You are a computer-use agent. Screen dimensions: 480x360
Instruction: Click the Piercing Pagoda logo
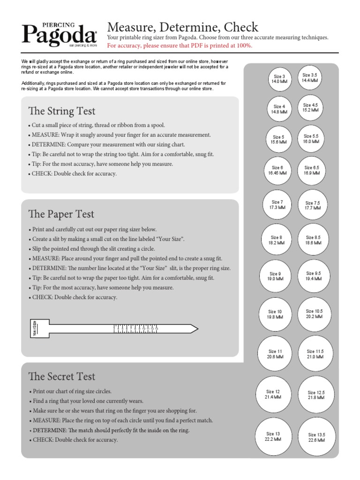(x=59, y=35)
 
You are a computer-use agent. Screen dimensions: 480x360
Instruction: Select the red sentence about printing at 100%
(x=180, y=45)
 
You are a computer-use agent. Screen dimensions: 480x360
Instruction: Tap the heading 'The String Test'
(x=61, y=111)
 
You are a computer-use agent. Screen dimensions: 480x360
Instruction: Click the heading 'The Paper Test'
(x=61, y=214)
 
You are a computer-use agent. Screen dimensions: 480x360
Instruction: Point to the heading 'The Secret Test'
(x=61, y=376)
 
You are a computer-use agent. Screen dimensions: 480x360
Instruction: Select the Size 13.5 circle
(x=316, y=437)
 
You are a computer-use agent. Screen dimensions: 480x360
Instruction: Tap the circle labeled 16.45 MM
(x=277, y=170)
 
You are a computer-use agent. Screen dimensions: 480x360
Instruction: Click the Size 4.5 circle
(x=310, y=108)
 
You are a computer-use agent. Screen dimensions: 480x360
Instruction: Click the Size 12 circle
(x=272, y=394)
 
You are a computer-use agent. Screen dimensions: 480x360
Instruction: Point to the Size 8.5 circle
(x=313, y=240)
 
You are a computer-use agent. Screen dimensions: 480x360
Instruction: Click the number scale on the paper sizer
(x=136, y=329)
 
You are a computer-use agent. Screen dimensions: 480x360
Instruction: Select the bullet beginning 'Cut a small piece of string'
(x=98, y=125)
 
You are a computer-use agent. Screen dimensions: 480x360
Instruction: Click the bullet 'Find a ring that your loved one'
(x=88, y=401)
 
